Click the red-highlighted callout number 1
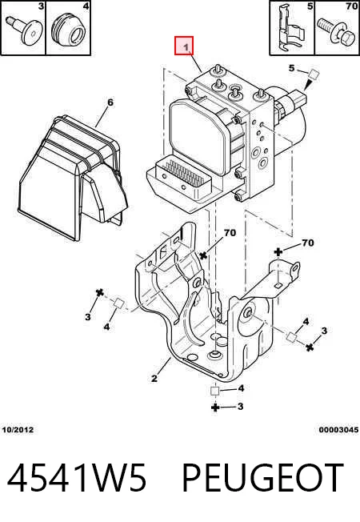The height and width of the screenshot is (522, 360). tap(184, 46)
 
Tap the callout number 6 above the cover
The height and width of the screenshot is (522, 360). tap(110, 102)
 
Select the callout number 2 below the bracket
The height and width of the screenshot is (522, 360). tap(154, 378)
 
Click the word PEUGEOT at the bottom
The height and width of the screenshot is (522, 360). tap(262, 478)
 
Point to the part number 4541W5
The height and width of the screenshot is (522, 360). tap(77, 478)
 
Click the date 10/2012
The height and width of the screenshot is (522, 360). tap(18, 430)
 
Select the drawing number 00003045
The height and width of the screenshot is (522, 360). tap(338, 430)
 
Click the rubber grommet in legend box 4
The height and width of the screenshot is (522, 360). tap(68, 30)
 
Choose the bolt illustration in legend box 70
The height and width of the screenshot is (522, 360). tap(335, 30)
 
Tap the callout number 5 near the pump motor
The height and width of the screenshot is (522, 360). tap(291, 68)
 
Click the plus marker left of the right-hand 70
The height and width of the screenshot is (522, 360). tap(278, 252)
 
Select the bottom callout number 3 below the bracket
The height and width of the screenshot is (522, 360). tap(240, 407)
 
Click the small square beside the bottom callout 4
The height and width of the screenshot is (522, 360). tap(215, 391)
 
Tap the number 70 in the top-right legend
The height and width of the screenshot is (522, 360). tap(351, 6)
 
